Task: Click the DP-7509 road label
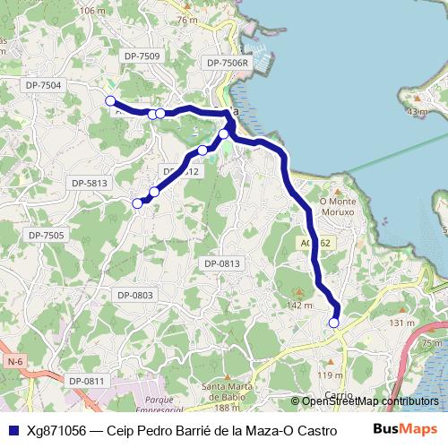click(x=142, y=56)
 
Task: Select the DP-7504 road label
click(x=43, y=84)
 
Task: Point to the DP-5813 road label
click(x=90, y=183)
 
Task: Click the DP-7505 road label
click(x=47, y=235)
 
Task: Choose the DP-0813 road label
click(x=221, y=263)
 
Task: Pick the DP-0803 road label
click(x=134, y=295)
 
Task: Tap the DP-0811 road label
click(x=87, y=381)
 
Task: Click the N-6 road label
click(x=13, y=361)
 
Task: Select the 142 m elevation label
click(x=299, y=306)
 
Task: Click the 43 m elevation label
click(x=417, y=112)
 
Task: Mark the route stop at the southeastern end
click(x=334, y=323)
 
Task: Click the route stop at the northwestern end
click(x=110, y=100)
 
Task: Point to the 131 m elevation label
click(x=402, y=323)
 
